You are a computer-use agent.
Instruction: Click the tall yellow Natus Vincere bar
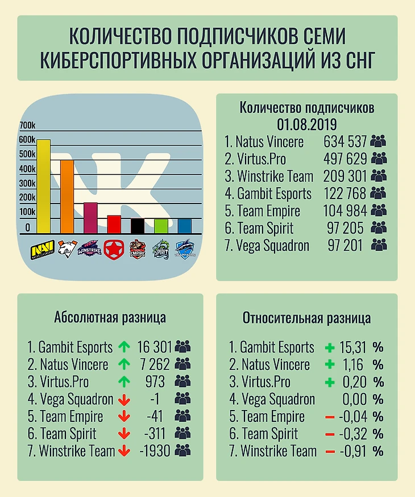click(x=43, y=186)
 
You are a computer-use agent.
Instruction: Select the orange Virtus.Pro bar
click(x=67, y=196)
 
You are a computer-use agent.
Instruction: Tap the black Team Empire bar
click(x=137, y=226)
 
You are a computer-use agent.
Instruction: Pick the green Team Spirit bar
click(x=161, y=226)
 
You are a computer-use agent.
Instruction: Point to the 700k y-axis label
click(x=27, y=126)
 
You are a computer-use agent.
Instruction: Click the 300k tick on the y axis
click(x=27, y=183)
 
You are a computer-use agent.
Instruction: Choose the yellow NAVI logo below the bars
click(x=43, y=249)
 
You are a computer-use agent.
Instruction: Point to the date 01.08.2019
click(x=306, y=124)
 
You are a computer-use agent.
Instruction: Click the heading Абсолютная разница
click(x=110, y=317)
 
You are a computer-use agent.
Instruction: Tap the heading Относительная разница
click(x=306, y=318)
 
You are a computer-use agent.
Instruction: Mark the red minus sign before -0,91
click(x=329, y=452)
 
